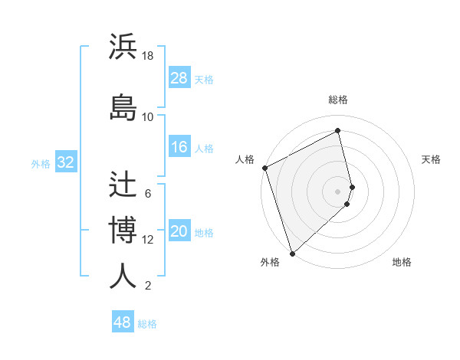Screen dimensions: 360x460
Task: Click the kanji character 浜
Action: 123,47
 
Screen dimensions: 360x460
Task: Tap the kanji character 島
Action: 123,106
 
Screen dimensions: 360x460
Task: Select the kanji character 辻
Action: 123,185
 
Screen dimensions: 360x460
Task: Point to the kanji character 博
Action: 123,230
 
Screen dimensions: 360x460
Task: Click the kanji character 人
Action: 123,275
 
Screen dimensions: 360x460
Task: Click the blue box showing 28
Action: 179,78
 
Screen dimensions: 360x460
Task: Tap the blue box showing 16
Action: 179,147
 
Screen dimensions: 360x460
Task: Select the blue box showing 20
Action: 179,232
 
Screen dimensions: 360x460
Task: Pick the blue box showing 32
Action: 65,162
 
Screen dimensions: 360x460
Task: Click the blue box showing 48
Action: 123,322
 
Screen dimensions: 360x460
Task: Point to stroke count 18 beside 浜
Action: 148,56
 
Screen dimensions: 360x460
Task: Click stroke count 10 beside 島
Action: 148,116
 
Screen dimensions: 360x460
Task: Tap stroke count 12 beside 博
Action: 148,240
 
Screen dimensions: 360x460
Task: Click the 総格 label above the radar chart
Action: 338,100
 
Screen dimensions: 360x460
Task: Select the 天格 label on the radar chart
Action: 431,159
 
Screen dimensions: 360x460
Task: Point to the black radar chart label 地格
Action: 402,262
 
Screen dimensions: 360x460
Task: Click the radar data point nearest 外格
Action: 291,253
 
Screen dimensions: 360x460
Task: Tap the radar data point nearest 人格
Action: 264,168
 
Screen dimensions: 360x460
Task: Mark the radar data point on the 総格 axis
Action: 338,130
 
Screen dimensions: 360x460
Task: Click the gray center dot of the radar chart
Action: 338,191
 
